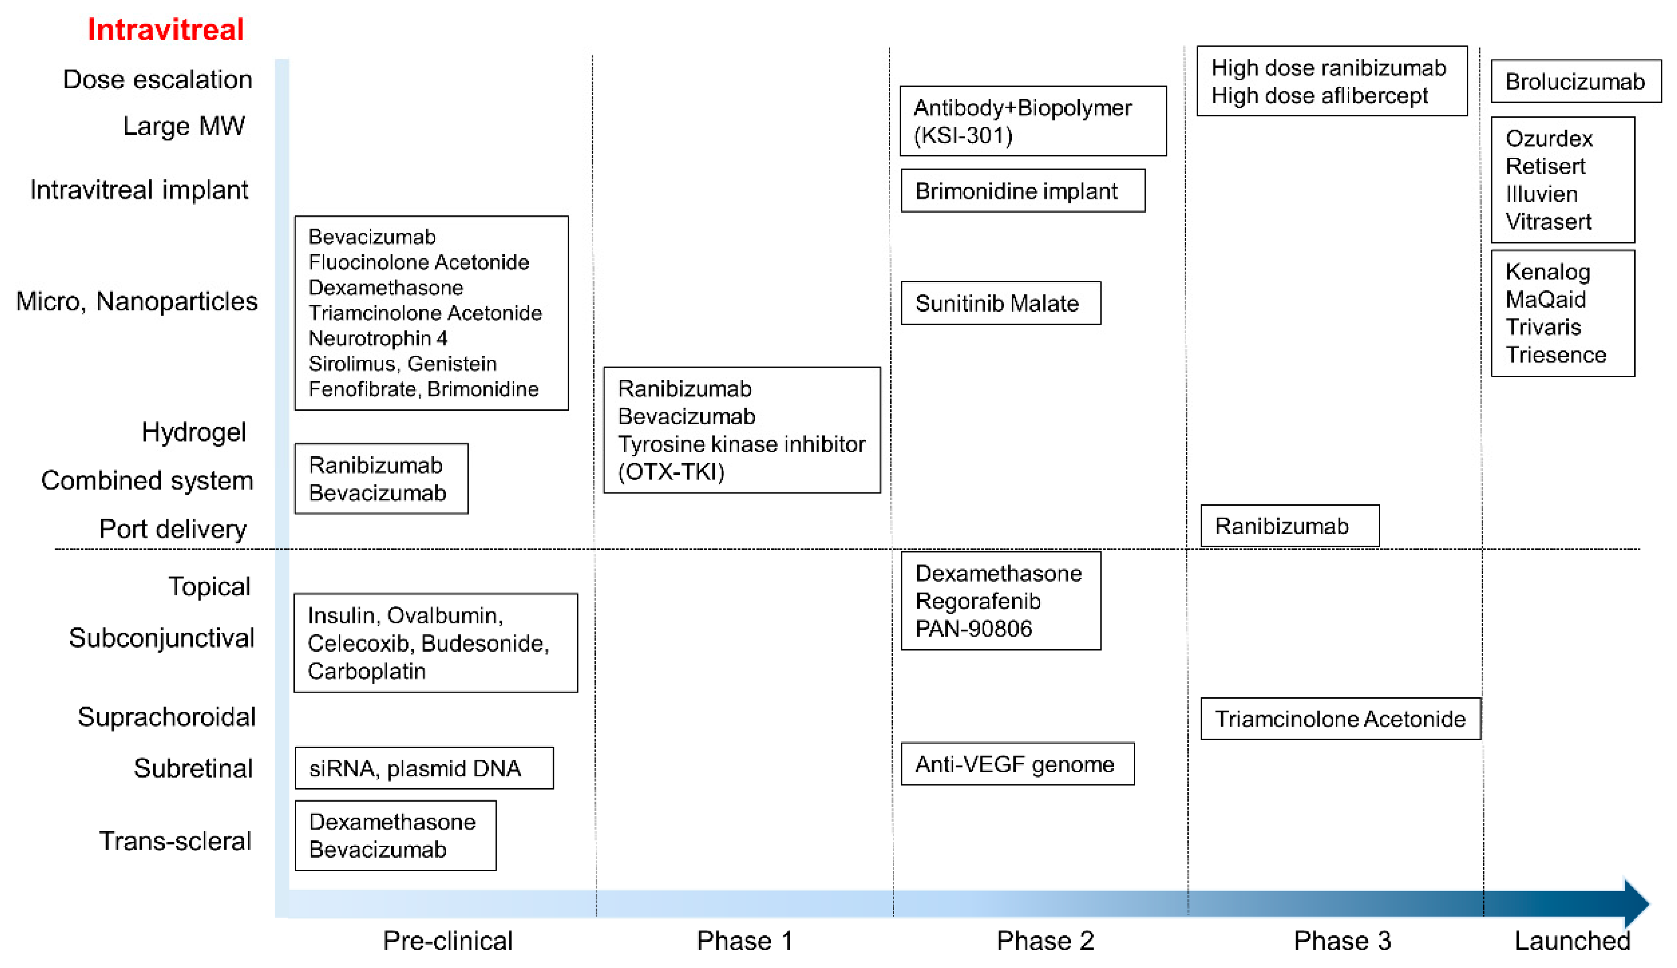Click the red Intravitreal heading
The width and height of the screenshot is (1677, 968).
[166, 30]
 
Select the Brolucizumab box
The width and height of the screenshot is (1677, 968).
[1575, 81]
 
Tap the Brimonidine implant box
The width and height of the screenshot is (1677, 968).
[1022, 191]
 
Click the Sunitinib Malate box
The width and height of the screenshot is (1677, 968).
[1000, 303]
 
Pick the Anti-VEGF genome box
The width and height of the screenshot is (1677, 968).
[1017, 764]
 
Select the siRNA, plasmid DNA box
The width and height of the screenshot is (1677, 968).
[423, 768]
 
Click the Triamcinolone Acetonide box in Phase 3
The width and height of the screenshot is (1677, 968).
[1340, 719]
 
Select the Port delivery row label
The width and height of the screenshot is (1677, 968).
[173, 529]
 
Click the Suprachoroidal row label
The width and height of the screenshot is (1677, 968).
[166, 717]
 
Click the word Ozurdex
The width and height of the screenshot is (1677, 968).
[1549, 138]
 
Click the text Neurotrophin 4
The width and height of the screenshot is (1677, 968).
[378, 339]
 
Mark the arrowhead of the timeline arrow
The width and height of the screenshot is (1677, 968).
[1636, 903]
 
